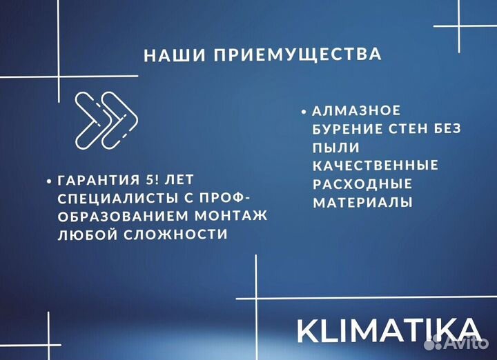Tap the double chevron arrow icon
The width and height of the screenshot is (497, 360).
106,119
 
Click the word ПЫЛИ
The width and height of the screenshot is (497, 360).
336,148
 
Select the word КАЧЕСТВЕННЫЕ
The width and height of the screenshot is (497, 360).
376,166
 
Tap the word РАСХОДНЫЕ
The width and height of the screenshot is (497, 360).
362,183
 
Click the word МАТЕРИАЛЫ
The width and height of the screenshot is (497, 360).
363,202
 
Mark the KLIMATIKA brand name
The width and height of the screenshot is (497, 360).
389,330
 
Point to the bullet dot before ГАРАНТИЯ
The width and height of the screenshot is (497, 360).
49,181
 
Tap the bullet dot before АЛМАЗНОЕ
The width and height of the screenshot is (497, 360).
304,111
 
